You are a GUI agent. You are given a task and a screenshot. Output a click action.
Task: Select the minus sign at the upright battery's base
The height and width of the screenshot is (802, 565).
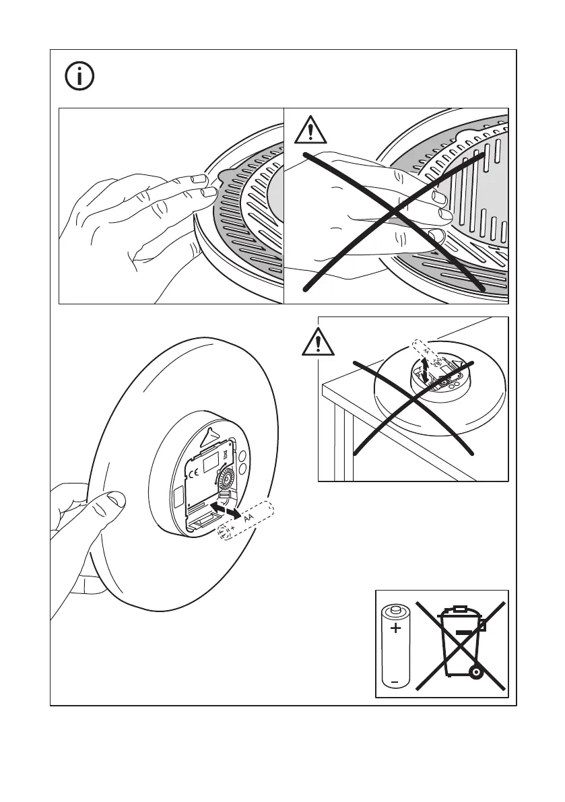click(x=395, y=682)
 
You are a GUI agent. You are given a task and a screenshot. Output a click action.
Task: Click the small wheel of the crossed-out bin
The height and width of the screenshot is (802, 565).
click(x=477, y=671)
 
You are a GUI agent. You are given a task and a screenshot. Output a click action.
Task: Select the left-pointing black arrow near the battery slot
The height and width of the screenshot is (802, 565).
click(x=215, y=504)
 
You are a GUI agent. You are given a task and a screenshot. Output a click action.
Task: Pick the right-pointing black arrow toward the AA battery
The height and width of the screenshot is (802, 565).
click(x=232, y=513)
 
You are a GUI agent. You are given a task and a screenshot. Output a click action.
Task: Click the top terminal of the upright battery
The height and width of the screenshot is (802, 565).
click(x=395, y=609)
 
